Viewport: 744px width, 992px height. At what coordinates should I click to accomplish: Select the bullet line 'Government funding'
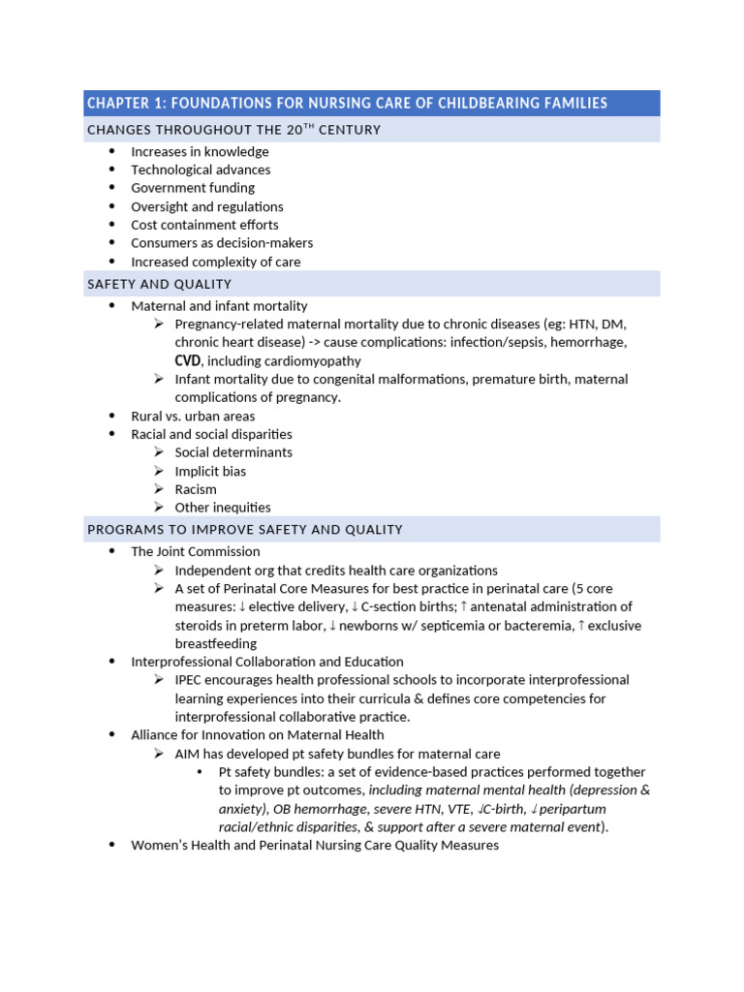193,188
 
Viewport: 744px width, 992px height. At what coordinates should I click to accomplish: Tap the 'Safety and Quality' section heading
160,284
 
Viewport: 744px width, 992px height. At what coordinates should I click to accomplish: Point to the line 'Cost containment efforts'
204,225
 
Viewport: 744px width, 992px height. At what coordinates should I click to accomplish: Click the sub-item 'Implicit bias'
210,471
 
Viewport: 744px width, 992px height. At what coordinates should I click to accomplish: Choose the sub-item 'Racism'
196,489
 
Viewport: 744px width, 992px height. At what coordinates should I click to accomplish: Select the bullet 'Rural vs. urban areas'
193,416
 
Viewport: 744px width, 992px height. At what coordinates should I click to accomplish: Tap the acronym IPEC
189,680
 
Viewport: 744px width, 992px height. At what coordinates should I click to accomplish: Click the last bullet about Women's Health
315,845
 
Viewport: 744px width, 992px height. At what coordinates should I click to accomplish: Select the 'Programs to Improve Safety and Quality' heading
245,530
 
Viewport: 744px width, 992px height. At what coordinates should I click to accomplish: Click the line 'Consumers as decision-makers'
222,243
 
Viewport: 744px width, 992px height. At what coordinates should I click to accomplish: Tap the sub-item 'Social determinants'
233,452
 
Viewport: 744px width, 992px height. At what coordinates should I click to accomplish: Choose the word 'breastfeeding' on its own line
216,643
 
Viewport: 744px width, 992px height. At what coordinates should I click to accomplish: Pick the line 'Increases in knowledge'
200,151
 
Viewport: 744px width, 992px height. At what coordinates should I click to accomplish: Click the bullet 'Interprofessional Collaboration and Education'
267,662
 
